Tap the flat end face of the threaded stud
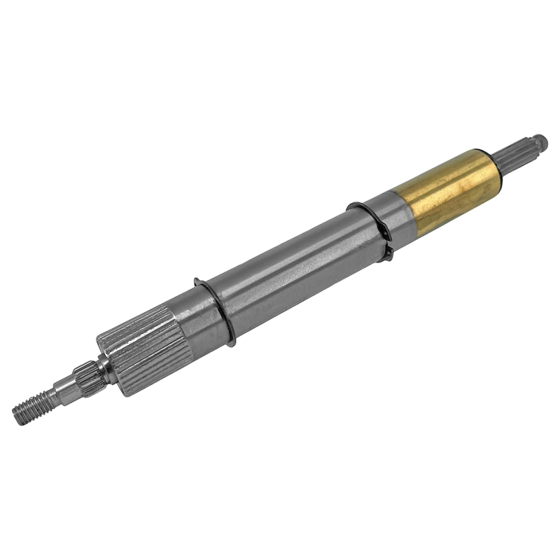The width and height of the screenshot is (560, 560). (16, 416)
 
